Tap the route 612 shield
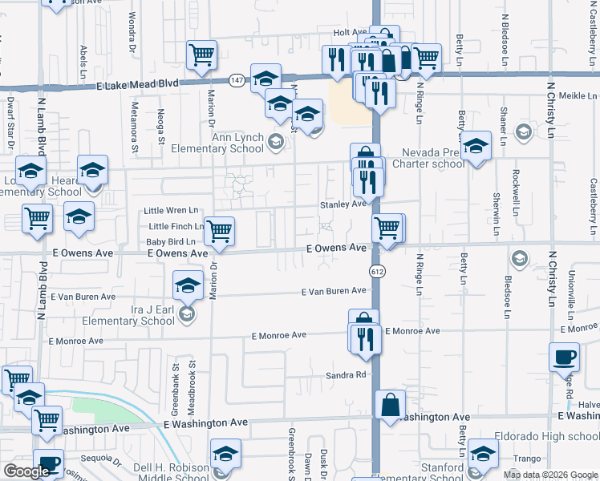point(375,271)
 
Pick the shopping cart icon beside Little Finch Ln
point(219,231)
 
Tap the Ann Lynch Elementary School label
point(237,143)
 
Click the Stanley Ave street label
point(343,204)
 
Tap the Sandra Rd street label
point(346,374)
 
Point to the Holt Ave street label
point(349,33)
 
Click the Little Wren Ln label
point(170,211)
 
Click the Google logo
point(26,471)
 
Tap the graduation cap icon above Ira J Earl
point(188,284)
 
